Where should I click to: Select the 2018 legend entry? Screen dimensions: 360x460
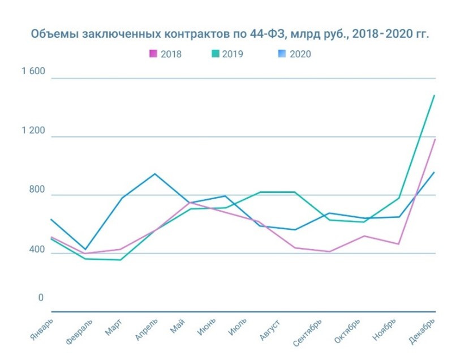pos(165,54)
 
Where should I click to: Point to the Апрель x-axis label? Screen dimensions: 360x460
pos(147,330)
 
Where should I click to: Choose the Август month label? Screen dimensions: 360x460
pos(268,330)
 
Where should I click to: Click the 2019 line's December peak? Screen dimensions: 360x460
pos(434,95)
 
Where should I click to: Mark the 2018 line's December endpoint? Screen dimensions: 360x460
pos(434,139)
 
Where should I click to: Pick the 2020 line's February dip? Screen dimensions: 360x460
pos(85,250)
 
